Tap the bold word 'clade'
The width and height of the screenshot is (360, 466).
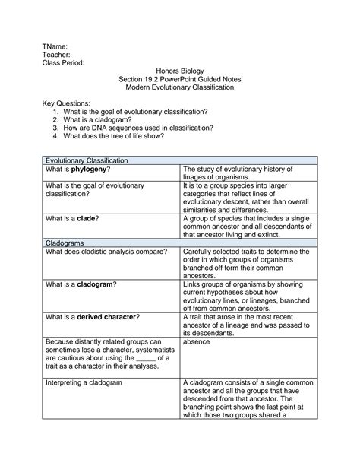(x=84, y=218)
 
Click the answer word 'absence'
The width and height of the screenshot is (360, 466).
(x=197, y=341)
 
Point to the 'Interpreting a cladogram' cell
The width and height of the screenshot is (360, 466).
(x=84, y=382)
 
